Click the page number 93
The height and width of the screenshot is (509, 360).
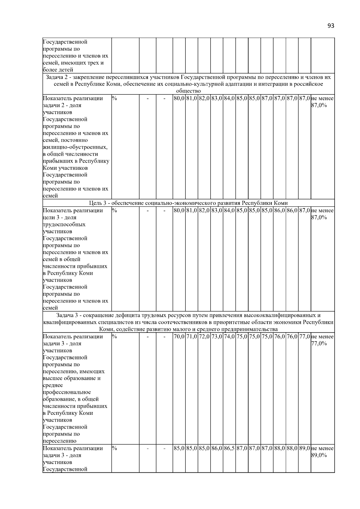[331, 26]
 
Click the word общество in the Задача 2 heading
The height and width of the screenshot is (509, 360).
[188, 91]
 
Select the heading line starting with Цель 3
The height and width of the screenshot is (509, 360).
[188, 203]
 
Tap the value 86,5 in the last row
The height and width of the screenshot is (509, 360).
[229, 448]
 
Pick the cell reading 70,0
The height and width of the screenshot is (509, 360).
[179, 337]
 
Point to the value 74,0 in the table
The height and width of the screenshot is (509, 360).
[229, 337]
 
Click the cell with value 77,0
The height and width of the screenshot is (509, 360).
[304, 337]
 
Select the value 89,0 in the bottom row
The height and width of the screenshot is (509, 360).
[304, 448]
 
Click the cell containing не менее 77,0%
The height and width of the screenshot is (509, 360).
[322, 340]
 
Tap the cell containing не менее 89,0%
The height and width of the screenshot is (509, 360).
[322, 452]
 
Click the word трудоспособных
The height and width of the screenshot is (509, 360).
[64, 224]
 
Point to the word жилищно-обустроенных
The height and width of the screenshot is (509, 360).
[75, 147]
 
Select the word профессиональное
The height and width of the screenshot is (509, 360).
[67, 392]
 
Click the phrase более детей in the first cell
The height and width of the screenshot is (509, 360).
[58, 70]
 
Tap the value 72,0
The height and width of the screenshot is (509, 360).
[204, 337]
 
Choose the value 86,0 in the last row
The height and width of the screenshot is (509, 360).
[217, 448]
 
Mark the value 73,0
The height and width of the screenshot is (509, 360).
[217, 337]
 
